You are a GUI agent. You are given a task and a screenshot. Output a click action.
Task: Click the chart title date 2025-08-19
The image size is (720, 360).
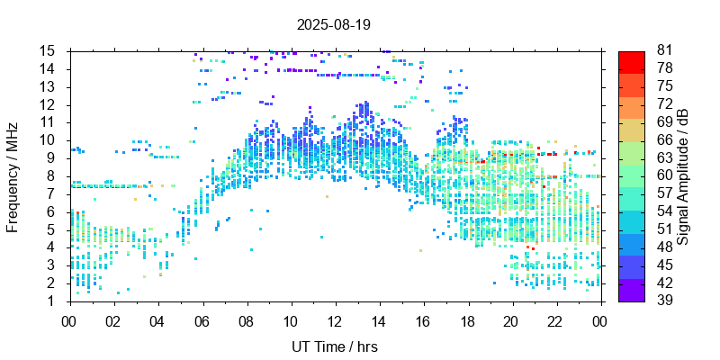tap(334, 24)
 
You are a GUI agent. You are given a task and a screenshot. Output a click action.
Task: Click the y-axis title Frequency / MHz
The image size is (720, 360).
tap(13, 175)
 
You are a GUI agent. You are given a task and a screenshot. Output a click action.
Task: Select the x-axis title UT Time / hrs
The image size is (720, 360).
tap(334, 346)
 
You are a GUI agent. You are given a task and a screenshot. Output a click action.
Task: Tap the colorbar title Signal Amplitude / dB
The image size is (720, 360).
tap(684, 175)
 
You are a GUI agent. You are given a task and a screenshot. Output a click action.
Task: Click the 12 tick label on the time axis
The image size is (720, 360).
tap(334, 321)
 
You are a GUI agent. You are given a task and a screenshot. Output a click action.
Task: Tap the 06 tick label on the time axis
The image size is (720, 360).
tap(202, 321)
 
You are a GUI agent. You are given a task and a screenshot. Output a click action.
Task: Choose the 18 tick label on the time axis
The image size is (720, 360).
tap(466, 321)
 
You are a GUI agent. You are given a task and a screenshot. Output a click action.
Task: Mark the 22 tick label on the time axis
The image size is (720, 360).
tap(554, 321)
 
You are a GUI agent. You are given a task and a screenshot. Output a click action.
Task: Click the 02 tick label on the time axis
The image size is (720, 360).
tap(113, 321)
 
